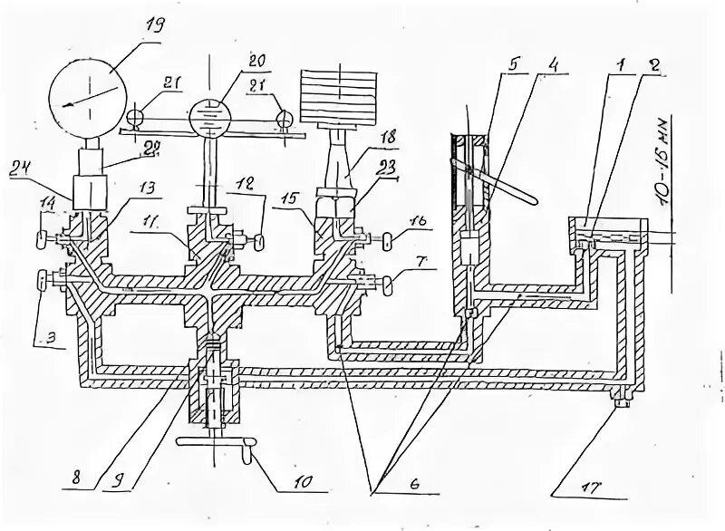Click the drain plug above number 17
coord(621,396)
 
